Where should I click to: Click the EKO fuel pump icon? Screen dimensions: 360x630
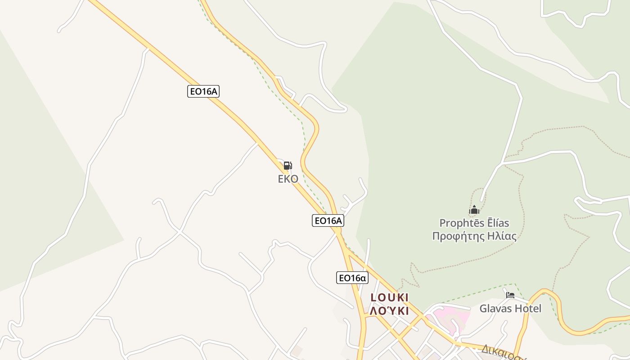pos(288,166)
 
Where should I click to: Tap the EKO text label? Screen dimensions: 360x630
pos(288,179)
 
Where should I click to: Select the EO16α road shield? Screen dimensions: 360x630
pos(352,278)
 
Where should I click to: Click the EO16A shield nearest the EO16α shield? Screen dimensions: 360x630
pos(328,220)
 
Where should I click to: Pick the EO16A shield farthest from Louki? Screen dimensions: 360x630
pos(203,91)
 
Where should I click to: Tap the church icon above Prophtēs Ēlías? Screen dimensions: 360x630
pos(474,210)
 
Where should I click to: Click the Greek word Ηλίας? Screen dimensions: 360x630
pos(500,236)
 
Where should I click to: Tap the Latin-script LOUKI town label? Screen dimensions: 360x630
pos(389,297)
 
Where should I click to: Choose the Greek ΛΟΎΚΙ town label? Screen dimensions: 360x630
pos(389,311)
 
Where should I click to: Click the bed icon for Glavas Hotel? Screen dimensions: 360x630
pos(510,296)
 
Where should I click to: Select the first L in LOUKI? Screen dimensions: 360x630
pos(373,297)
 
